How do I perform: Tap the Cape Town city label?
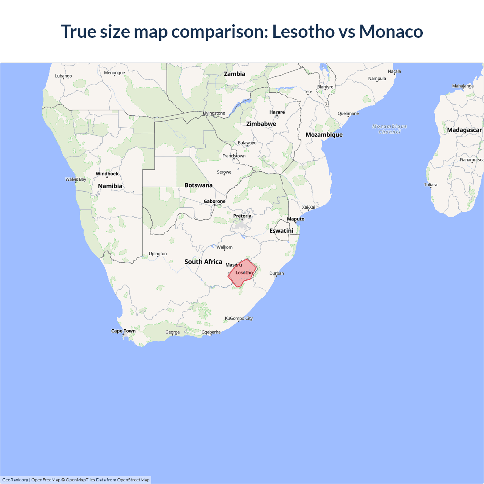(x=123, y=331)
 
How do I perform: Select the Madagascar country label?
(x=464, y=130)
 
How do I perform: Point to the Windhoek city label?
(x=107, y=174)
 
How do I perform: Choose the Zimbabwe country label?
(x=261, y=124)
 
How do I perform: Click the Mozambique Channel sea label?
(x=389, y=129)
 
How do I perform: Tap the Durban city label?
(x=276, y=273)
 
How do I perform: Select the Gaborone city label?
(x=214, y=202)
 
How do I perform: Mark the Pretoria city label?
(x=242, y=216)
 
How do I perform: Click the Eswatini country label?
(x=281, y=231)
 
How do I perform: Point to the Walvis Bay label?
(x=76, y=180)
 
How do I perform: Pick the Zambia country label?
(x=234, y=74)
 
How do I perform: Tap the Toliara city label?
(x=430, y=185)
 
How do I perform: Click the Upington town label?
(x=158, y=254)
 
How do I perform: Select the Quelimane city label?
(x=348, y=113)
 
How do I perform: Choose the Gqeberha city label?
(x=211, y=332)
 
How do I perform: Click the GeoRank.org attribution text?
(x=15, y=480)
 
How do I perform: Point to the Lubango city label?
(x=63, y=76)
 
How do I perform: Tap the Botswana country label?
(x=199, y=185)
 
